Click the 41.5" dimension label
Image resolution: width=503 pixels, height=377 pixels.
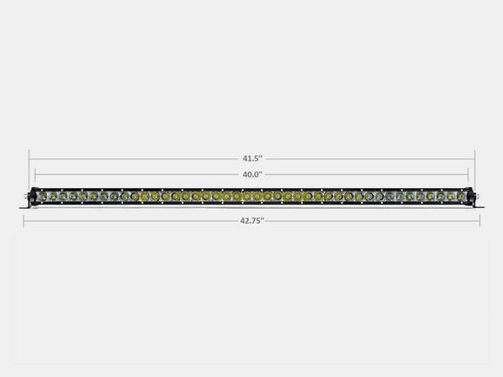click(252, 159)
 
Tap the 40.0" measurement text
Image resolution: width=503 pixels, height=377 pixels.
click(252, 173)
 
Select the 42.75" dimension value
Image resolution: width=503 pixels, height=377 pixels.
click(252, 220)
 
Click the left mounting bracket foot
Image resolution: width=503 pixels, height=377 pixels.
click(26, 208)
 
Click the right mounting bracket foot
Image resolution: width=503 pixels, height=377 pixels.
click(477, 208)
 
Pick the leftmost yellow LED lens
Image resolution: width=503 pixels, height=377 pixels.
click(146, 198)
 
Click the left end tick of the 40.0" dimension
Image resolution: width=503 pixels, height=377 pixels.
click(36, 175)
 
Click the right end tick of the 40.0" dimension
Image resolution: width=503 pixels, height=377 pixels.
click(468, 175)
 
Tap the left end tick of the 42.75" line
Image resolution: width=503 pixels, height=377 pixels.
click(23, 220)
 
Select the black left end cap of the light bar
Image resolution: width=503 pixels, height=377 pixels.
click(33, 198)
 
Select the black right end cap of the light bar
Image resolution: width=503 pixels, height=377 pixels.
click(471, 198)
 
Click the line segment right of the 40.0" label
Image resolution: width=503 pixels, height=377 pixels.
click(364, 173)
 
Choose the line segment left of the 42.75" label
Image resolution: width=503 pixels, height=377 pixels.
click(130, 220)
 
